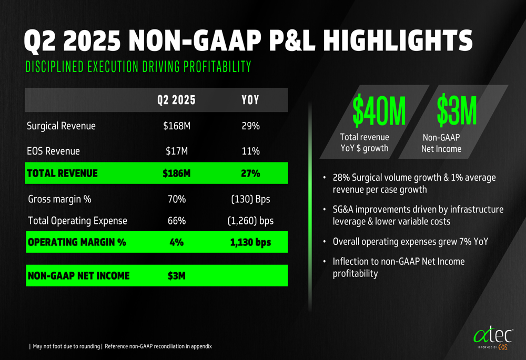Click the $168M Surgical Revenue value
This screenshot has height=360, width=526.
tap(176, 126)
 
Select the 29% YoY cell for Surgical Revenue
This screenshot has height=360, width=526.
tap(250, 126)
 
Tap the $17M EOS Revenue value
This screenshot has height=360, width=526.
tap(176, 151)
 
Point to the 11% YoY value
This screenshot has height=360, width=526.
tap(250, 151)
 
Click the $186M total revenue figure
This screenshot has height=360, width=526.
tap(176, 173)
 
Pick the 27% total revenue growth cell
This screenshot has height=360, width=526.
tap(250, 173)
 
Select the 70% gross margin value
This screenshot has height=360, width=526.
tap(176, 199)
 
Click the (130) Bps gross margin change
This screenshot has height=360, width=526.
tap(250, 199)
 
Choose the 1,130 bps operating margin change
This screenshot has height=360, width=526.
tap(250, 243)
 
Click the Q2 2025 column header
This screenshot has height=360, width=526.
tap(176, 100)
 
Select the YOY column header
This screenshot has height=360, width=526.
tap(250, 100)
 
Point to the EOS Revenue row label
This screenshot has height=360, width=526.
tap(54, 151)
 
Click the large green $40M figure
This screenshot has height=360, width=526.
tap(379, 111)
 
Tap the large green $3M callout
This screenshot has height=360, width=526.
tap(457, 111)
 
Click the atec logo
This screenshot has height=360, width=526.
tap(492, 336)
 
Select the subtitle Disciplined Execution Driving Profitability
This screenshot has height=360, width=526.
tap(138, 67)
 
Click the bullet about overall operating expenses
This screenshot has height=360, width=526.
tap(411, 242)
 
